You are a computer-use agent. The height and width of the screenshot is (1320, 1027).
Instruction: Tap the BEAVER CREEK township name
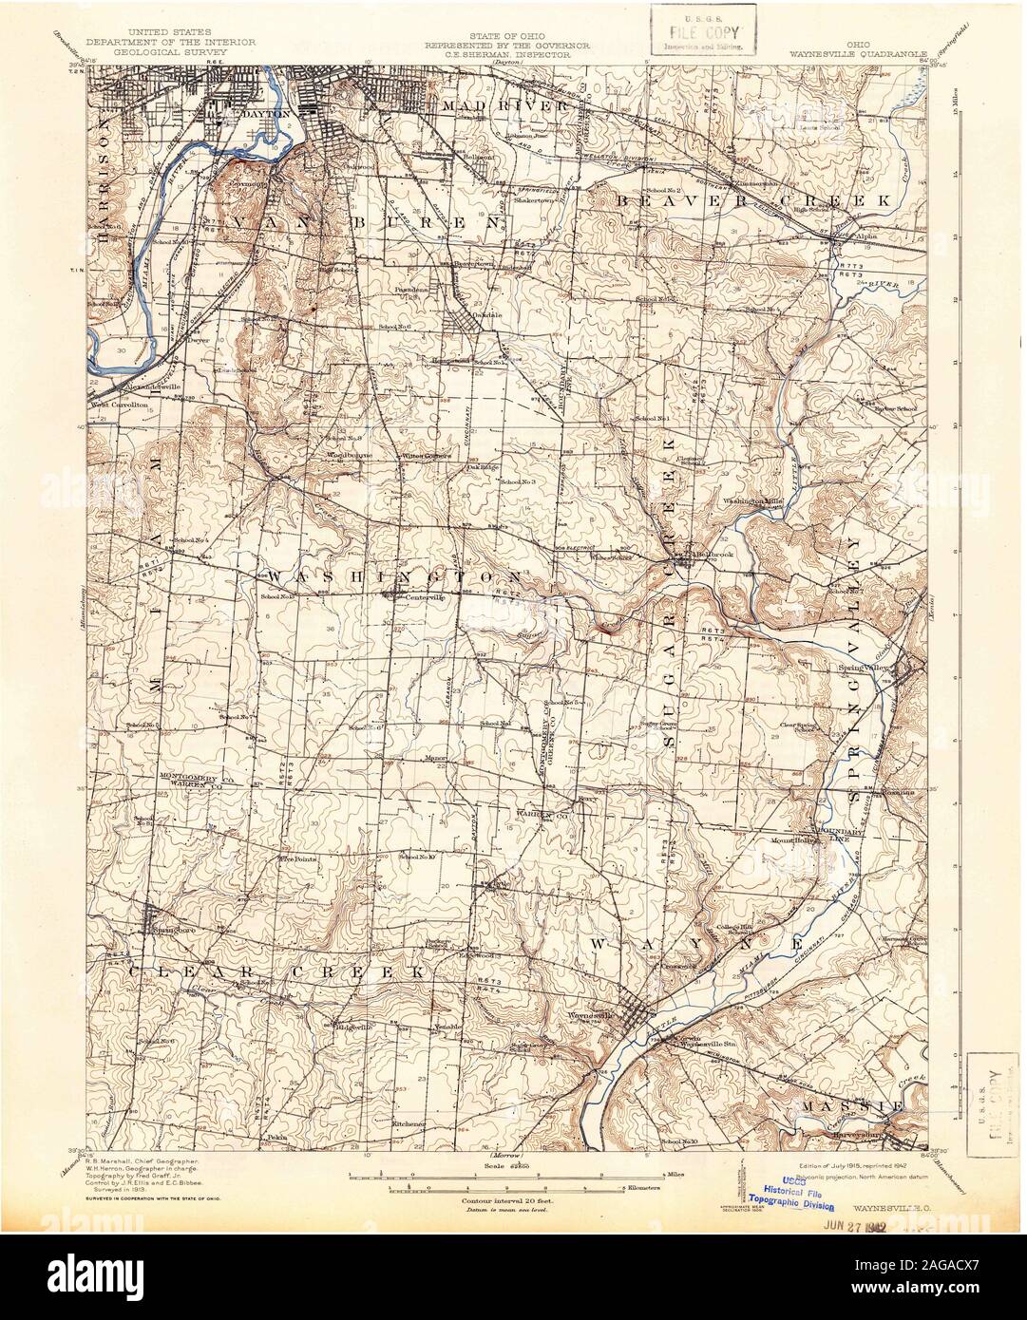pos(751,201)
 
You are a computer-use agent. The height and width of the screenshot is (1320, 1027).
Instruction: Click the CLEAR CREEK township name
pos(275,972)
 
